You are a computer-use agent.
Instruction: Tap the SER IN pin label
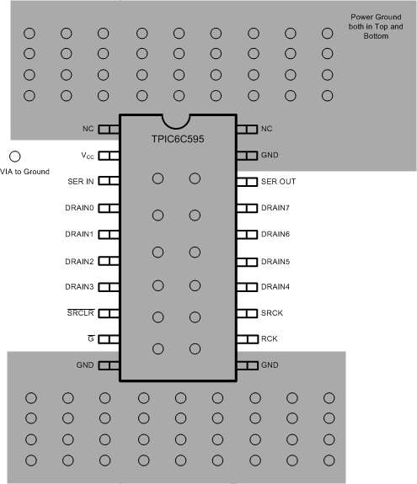click(x=81, y=181)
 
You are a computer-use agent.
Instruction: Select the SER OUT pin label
click(x=279, y=182)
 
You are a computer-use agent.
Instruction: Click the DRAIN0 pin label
click(x=80, y=208)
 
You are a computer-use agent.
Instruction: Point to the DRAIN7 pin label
click(x=276, y=208)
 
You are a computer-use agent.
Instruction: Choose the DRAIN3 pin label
click(x=80, y=287)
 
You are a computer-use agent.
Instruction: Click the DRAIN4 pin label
click(x=276, y=287)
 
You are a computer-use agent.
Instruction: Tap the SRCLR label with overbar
click(x=80, y=313)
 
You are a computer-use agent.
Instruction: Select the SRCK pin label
click(x=273, y=313)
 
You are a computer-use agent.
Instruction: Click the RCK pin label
click(x=270, y=339)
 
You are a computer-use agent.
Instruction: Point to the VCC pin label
click(x=88, y=156)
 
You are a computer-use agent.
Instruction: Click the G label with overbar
click(x=90, y=339)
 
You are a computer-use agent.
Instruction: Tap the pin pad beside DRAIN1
click(x=110, y=234)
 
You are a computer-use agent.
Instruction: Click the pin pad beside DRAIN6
click(x=247, y=234)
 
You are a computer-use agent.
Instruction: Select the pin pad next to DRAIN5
click(x=247, y=261)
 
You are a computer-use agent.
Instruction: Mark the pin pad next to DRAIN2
click(x=110, y=261)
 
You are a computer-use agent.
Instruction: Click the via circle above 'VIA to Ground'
click(x=14, y=156)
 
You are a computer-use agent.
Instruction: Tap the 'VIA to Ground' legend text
click(x=30, y=172)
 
